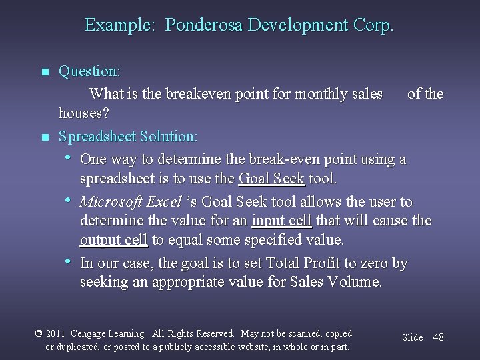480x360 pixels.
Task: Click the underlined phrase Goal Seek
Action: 271,179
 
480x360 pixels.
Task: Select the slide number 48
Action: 438,337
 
